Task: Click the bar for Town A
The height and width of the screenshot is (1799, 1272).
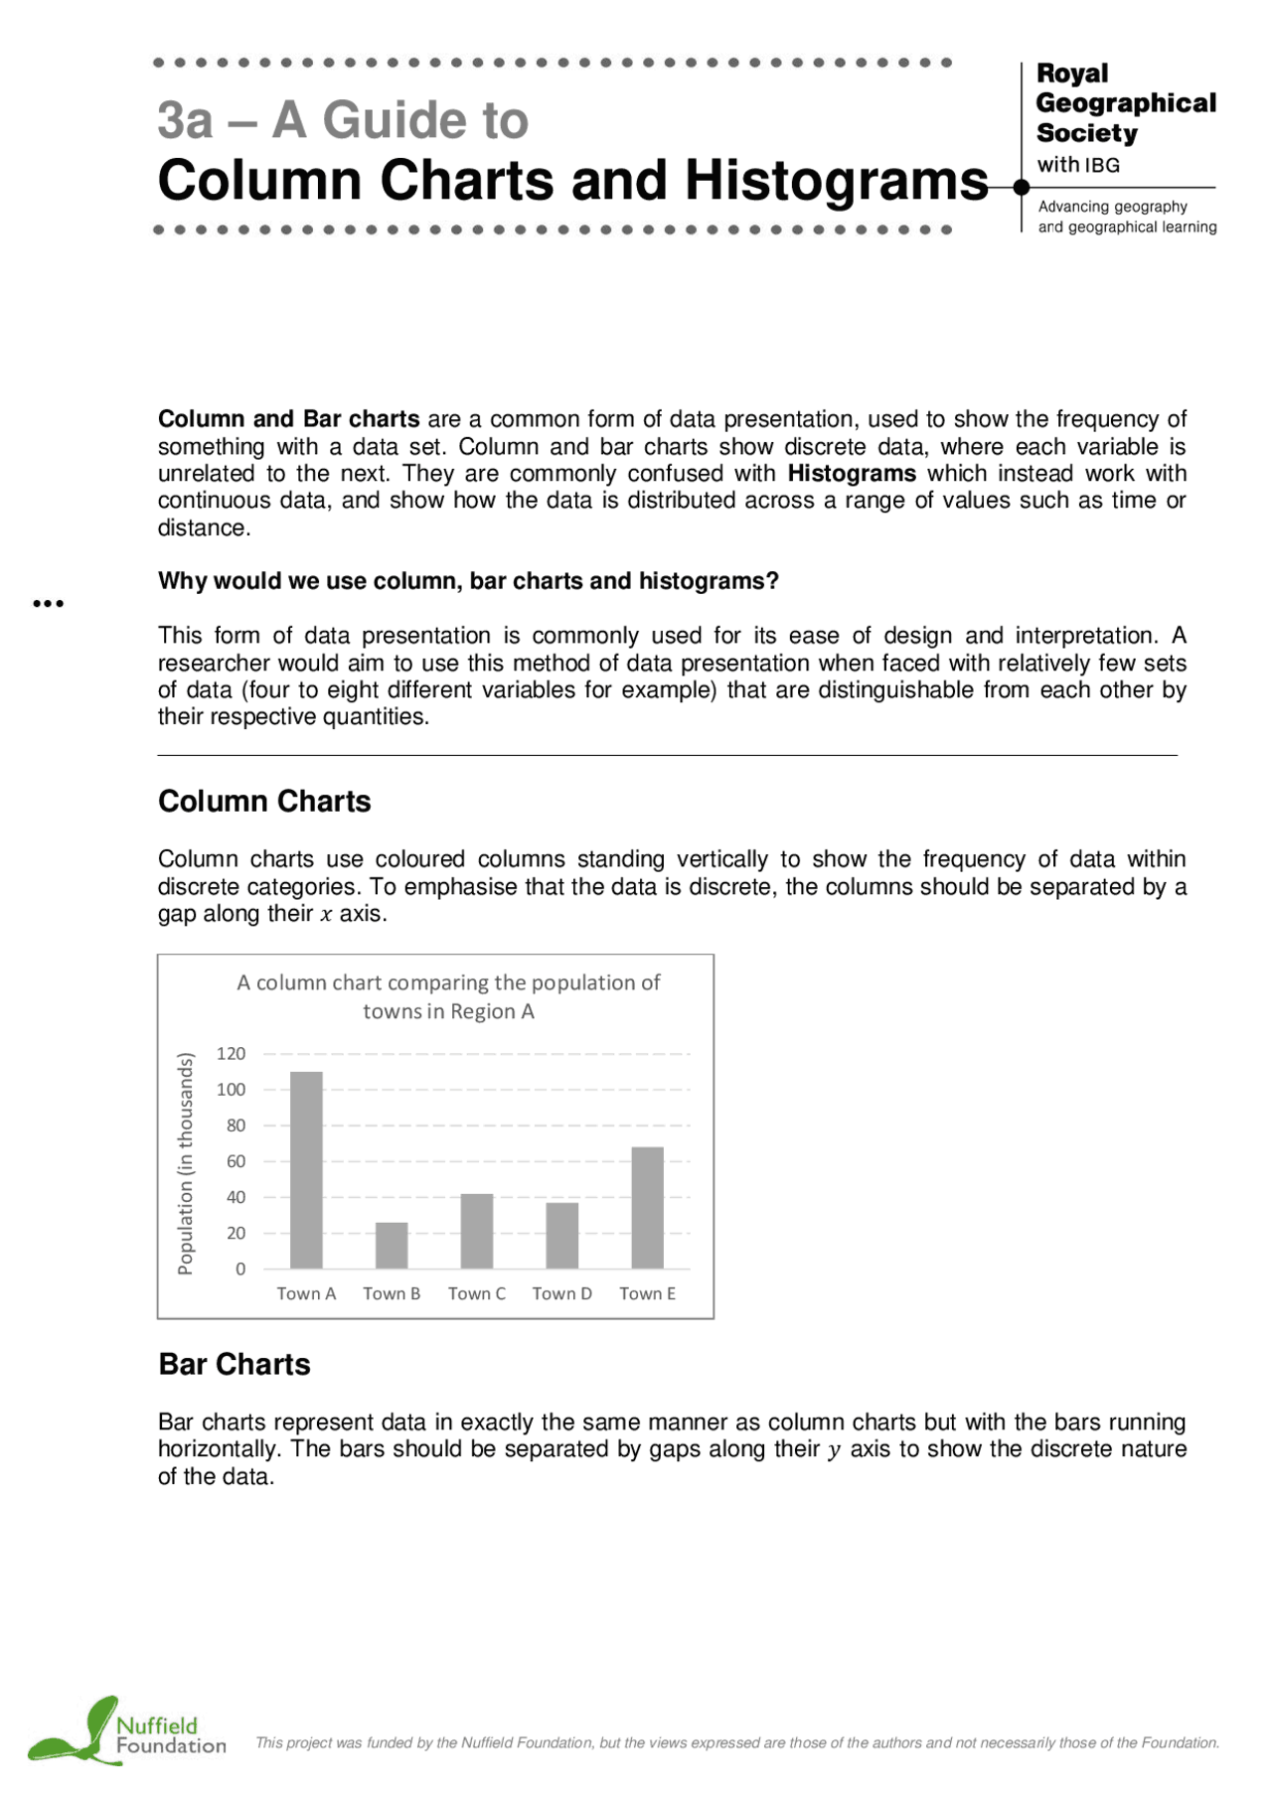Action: click(x=306, y=1169)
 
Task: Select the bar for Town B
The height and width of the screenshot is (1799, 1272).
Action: click(x=392, y=1245)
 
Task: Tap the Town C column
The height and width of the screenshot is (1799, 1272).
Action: click(x=477, y=1231)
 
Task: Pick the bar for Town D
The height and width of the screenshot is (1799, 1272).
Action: click(x=562, y=1235)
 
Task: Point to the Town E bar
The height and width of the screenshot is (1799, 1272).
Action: click(x=648, y=1207)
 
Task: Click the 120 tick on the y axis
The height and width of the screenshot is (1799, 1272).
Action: click(x=231, y=1054)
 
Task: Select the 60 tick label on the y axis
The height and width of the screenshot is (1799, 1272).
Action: click(x=236, y=1161)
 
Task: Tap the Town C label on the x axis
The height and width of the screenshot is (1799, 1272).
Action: click(x=477, y=1293)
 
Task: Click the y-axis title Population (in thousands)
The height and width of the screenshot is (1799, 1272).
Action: click(x=186, y=1162)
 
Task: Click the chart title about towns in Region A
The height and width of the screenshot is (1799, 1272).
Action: click(x=448, y=996)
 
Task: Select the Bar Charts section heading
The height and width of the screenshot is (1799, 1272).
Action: click(x=235, y=1364)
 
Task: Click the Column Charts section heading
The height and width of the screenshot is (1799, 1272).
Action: click(x=264, y=801)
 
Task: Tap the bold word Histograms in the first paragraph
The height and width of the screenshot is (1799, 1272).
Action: click(x=852, y=474)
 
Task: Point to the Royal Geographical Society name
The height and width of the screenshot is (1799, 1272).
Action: click(x=1125, y=103)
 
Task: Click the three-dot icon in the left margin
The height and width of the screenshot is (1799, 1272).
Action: click(x=48, y=603)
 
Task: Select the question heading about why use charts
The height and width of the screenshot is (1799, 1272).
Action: click(x=468, y=581)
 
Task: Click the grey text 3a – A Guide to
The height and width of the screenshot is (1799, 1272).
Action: click(x=343, y=120)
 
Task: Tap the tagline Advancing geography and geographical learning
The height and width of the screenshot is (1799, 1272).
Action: click(x=1127, y=217)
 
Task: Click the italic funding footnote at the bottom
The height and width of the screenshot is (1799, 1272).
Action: click(x=737, y=1742)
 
